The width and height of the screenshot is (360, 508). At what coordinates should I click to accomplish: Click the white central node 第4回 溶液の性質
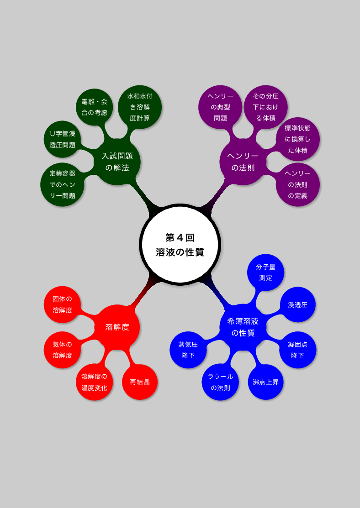pyautogui.click(x=180, y=245)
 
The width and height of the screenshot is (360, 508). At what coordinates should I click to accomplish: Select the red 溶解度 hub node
pyautogui.click(x=117, y=327)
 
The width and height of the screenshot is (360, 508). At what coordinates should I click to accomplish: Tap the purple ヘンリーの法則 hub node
pyautogui.click(x=243, y=162)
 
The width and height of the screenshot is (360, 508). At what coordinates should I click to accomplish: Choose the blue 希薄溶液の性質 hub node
pyautogui.click(x=243, y=327)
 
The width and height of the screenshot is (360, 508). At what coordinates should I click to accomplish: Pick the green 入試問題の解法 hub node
pyautogui.click(x=117, y=162)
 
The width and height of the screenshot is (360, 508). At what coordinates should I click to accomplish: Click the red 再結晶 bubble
pyautogui.click(x=140, y=382)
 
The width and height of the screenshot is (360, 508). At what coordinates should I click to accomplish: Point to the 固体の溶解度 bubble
pyautogui.click(x=62, y=304)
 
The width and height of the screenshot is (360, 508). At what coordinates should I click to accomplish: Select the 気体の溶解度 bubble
pyautogui.click(x=62, y=350)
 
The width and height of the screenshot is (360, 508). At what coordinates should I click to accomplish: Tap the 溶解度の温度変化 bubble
pyautogui.click(x=95, y=382)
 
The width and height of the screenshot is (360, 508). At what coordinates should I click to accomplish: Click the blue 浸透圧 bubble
pyautogui.click(x=298, y=304)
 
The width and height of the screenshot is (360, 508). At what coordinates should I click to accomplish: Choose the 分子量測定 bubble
pyautogui.click(x=265, y=272)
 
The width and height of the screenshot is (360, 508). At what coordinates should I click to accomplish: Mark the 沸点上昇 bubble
pyautogui.click(x=265, y=382)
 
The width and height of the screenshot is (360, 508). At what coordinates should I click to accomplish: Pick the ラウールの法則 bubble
pyautogui.click(x=220, y=382)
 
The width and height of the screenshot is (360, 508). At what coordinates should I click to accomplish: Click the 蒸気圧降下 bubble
pyautogui.click(x=188, y=350)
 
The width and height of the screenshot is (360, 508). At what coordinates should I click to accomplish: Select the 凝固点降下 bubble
pyautogui.click(x=298, y=350)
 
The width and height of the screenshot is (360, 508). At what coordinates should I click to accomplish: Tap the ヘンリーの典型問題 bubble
pyautogui.click(x=220, y=107)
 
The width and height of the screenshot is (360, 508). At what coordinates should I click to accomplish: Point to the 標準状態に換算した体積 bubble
pyautogui.click(x=298, y=139)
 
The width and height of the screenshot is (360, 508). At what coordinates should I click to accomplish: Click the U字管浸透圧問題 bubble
pyautogui.click(x=62, y=139)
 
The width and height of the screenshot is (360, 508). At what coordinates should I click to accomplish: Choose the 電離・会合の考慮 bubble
pyautogui.click(x=95, y=107)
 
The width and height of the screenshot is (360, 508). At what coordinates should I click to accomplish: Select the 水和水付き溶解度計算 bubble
pyautogui.click(x=140, y=107)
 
